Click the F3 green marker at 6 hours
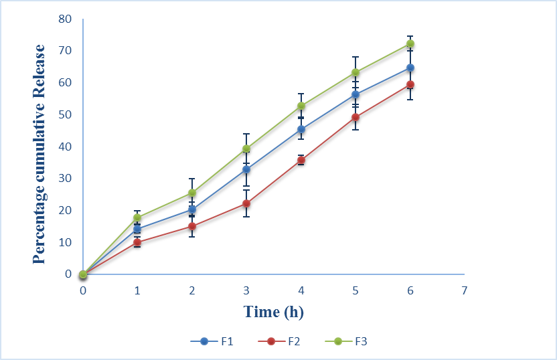pos(410,44)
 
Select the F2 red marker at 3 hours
pos(246,203)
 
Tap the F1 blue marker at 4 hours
pos(301,129)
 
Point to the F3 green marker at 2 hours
pos(192,193)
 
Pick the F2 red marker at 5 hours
pos(355,117)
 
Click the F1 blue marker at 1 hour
pos(137,229)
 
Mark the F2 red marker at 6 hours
pos(410,84)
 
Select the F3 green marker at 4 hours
pos(301,106)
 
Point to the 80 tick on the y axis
pos(64,19)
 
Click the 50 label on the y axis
pos(64,114)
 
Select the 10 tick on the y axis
pos(64,242)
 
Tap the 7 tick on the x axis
pos(464,290)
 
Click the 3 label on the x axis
pos(246,290)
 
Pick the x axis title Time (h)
pos(274,311)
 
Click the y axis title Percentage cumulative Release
pos(40,154)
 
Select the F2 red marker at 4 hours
pos(301,160)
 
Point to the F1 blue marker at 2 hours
pos(192,209)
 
